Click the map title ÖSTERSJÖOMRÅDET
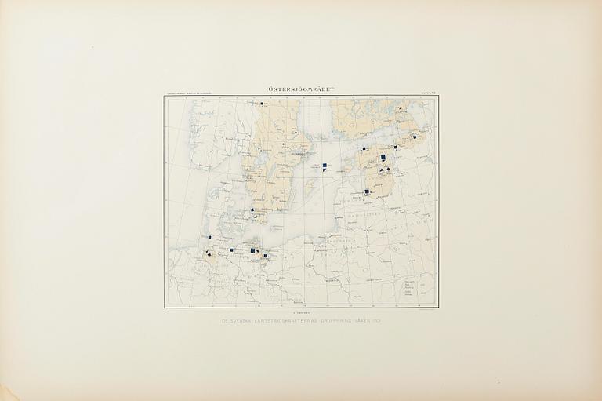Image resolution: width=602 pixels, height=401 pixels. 301,89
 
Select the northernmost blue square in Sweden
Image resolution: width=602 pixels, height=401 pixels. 258,104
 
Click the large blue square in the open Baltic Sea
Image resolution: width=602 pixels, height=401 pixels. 325,166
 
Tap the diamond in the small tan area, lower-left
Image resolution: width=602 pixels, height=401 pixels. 209,254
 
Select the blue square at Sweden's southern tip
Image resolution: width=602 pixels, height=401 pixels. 252,210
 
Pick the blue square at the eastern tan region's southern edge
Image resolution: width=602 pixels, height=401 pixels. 367,191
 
